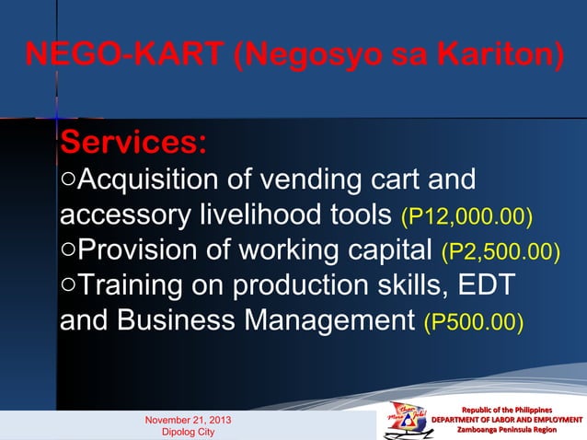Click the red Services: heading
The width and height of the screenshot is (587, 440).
(133, 144)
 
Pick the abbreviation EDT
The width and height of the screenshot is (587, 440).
(490, 286)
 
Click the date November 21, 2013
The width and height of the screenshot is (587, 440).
(189, 420)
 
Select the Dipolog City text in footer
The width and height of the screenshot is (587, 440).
(188, 432)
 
